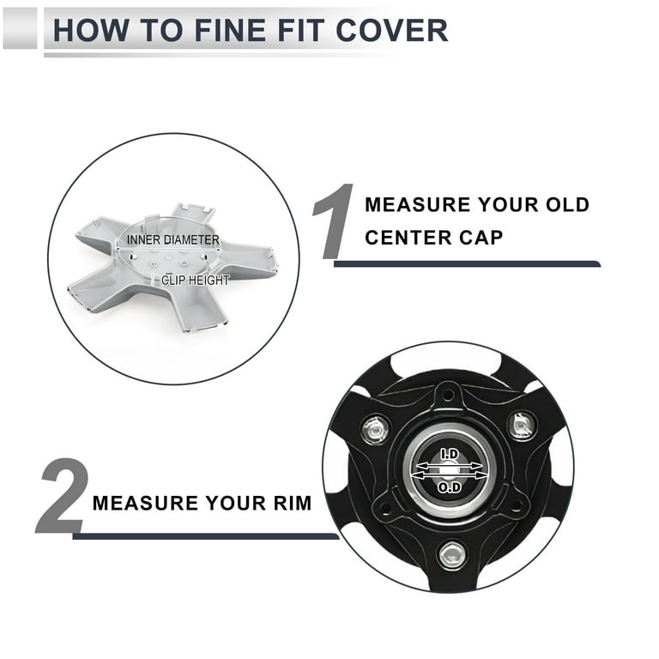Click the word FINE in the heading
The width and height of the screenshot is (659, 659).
click(230, 30)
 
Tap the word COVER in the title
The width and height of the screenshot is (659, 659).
click(391, 30)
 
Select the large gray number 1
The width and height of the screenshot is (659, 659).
click(333, 221)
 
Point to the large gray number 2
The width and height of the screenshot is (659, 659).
click(62, 496)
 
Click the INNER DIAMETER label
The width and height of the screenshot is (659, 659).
click(173, 240)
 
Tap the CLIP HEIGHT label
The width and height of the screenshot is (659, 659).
click(196, 281)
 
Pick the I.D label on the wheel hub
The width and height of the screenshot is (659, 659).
click(450, 454)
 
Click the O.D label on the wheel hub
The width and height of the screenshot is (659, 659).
click(450, 487)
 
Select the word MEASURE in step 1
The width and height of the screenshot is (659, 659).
click(417, 205)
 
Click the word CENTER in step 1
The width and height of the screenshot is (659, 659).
click(408, 238)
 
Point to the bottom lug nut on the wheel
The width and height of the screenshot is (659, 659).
click(451, 555)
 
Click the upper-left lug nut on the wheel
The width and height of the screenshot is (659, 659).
click(375, 430)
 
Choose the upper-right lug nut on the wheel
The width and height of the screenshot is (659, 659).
click(523, 426)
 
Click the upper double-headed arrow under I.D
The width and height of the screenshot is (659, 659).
click(450, 466)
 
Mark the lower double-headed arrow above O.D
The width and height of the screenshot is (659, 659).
click(450, 475)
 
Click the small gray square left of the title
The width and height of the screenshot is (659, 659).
click(20, 28)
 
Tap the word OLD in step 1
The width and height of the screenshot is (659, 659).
click(567, 205)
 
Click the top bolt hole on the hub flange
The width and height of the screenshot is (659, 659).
click(448, 395)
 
